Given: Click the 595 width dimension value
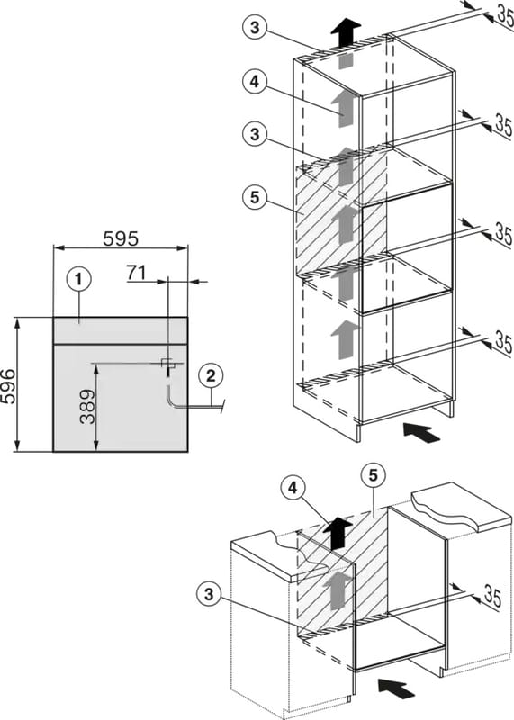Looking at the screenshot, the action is [121, 238].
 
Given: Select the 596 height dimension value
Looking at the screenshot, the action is [8, 385].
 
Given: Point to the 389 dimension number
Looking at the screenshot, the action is [87, 407].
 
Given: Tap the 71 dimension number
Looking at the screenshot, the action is [136, 273].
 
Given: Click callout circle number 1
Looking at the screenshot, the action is [78, 279].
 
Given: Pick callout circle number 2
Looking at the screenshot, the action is [211, 376].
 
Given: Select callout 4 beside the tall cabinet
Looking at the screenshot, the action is [255, 82].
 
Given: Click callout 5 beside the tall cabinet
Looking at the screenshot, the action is [255, 197].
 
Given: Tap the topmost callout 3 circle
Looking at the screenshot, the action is [255, 28].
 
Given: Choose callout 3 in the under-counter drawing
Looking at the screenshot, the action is [209, 594].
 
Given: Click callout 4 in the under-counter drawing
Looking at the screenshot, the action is [293, 489].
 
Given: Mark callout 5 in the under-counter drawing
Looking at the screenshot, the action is [373, 476].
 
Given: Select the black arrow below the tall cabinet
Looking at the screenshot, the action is [421, 433].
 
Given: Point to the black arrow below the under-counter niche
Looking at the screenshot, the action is [396, 688].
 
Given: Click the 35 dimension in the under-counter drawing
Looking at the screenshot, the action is [492, 597].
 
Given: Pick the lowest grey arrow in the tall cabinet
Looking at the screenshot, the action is [345, 340].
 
